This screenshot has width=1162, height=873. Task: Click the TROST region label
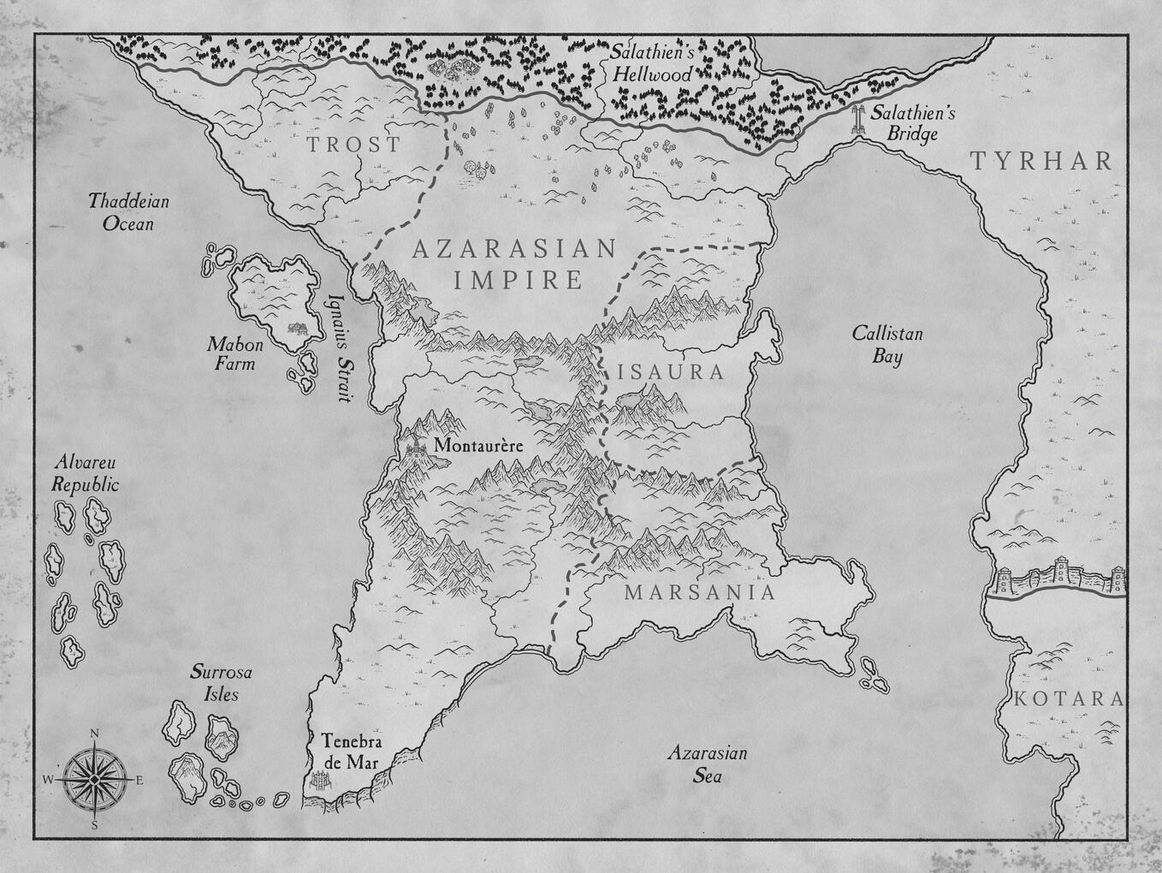point(353,145)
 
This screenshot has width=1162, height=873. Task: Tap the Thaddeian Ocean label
point(129,212)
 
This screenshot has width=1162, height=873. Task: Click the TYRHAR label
point(1041,161)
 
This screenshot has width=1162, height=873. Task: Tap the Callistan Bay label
point(887,344)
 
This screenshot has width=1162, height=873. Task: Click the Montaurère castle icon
point(417,446)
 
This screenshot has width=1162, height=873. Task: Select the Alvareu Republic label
point(85,473)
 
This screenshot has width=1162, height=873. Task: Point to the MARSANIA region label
point(699,592)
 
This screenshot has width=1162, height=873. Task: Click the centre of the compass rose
point(94,779)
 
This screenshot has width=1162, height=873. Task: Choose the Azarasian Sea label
point(707,764)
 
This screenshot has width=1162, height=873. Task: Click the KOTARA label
point(1068,699)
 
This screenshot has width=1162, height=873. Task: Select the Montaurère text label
point(477,446)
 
